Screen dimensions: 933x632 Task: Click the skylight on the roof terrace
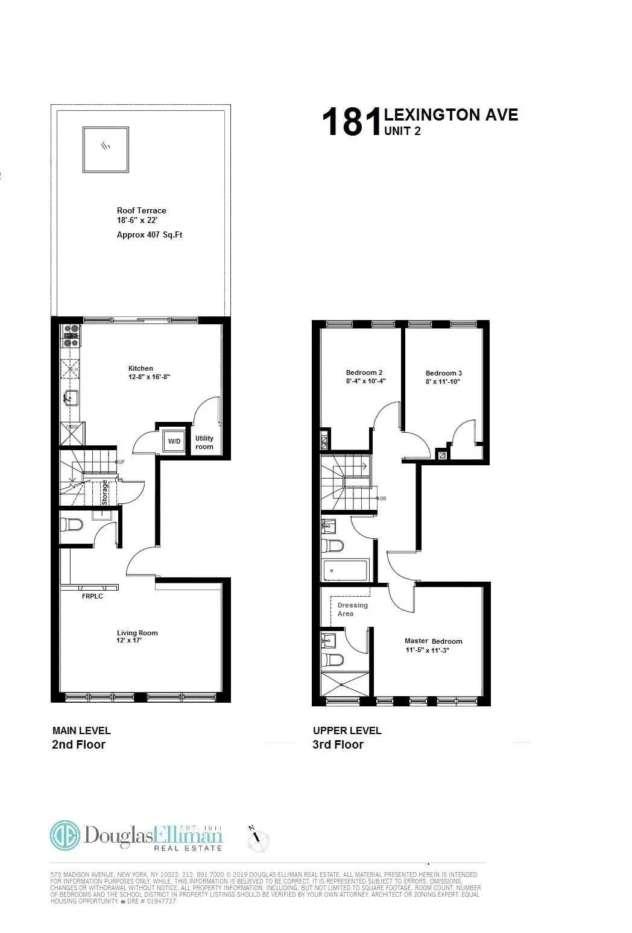coord(106,149)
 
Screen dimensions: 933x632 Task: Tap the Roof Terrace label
coord(141,210)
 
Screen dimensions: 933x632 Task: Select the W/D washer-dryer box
coord(174,441)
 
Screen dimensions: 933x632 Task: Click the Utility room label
coord(204,442)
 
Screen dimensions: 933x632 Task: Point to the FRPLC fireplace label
coord(92,596)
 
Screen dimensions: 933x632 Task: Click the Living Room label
coord(137,633)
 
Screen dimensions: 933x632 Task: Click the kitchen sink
coord(71,398)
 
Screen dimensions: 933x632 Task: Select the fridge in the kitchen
coord(72,433)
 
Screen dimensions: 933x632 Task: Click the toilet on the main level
coord(72,525)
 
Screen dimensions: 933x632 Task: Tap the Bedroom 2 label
coord(364,372)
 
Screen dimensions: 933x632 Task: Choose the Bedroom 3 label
coord(444,373)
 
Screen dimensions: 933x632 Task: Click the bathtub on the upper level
coord(345,570)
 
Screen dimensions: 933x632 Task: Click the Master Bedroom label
coord(433,641)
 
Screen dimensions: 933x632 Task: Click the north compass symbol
coord(259,837)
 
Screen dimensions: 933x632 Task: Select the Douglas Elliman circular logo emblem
coord(65,835)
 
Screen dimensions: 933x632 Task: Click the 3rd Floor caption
coord(338,744)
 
